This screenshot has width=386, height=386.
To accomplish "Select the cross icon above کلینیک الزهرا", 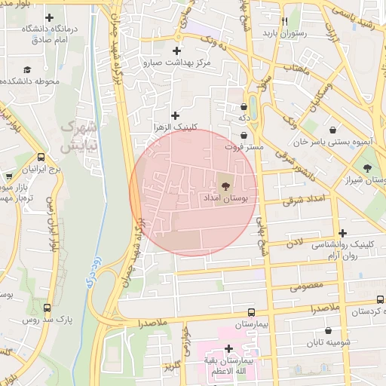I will click(x=176, y=115).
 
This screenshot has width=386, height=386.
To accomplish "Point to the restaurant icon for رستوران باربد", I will click(x=283, y=21).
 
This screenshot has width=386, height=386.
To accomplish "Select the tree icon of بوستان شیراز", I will click(x=366, y=167).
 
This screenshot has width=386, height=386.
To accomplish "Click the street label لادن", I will click(x=294, y=243).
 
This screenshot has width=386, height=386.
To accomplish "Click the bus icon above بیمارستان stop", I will click(x=251, y=311).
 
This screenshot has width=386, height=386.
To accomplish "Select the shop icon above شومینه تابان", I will click(x=328, y=330).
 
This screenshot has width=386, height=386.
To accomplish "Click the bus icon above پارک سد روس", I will click(x=47, y=308).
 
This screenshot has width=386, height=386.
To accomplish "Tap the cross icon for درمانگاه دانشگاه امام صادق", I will click(x=50, y=17).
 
